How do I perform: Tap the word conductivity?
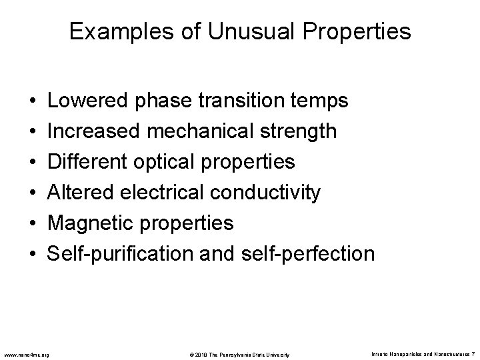pos(265,193)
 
